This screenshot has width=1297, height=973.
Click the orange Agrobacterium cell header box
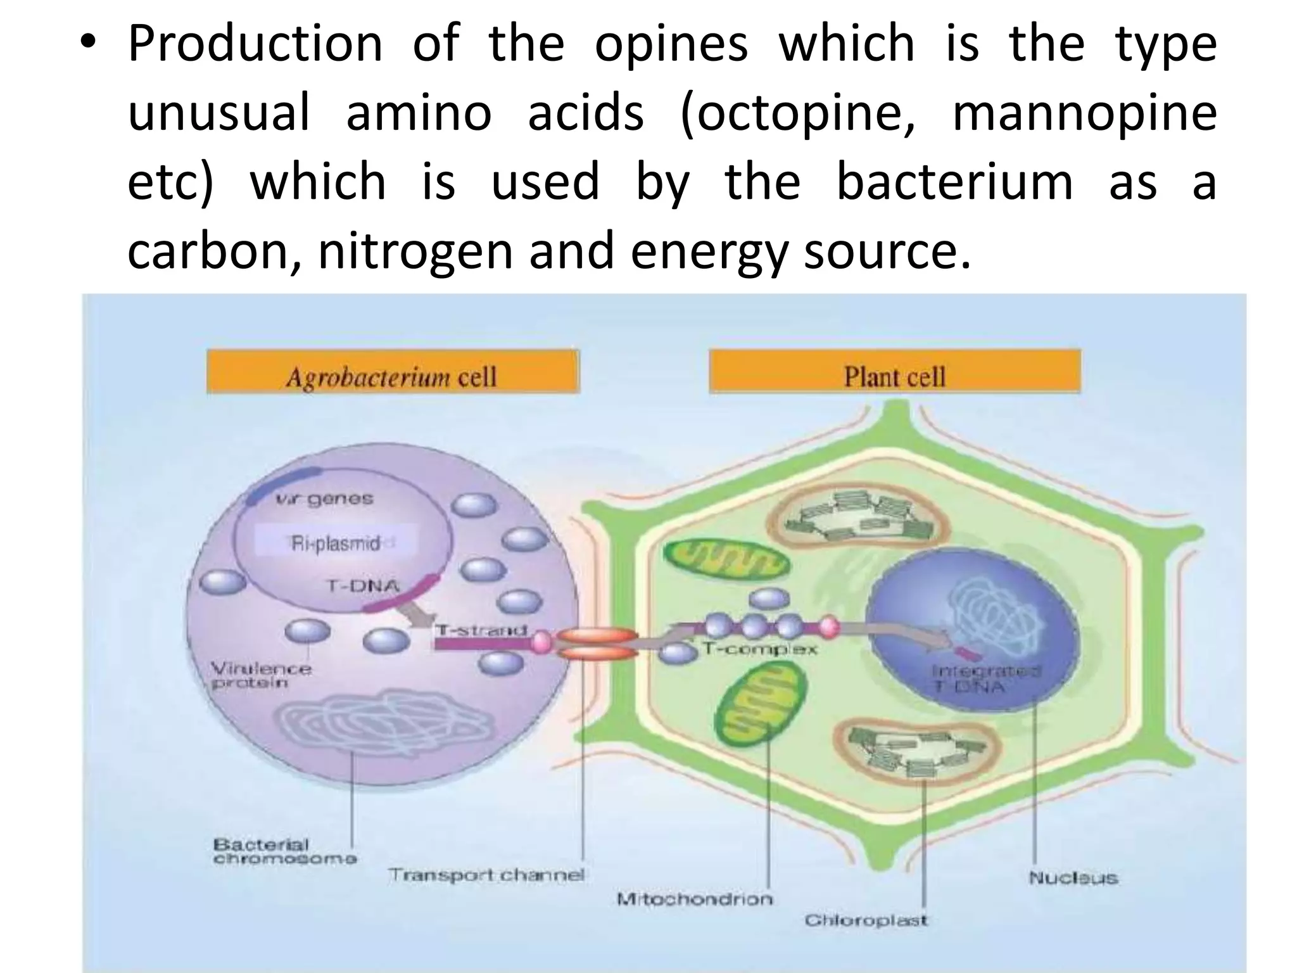coord(393,372)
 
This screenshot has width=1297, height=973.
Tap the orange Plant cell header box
coord(894,372)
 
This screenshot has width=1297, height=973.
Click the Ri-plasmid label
coord(336,544)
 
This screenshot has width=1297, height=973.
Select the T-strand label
coord(481,630)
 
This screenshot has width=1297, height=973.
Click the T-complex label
coord(760,649)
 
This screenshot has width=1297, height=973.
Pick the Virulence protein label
coord(260,676)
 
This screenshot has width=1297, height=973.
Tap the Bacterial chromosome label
coord(285,852)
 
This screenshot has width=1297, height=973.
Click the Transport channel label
coord(486,875)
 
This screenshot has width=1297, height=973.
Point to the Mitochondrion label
coord(695,899)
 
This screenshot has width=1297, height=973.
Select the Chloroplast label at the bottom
coord(866,920)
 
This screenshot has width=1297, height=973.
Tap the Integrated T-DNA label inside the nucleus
coord(985,678)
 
